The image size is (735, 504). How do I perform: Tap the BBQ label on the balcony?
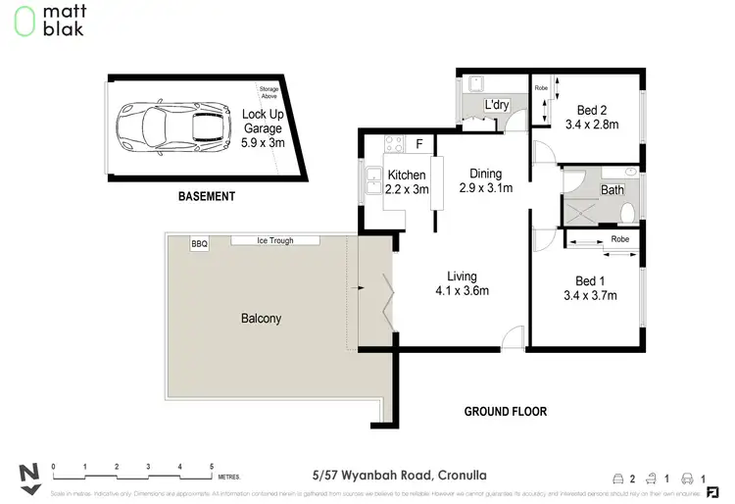(x=200, y=244)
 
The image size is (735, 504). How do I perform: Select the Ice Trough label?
(x=274, y=240)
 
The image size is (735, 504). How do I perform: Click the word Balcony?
(x=262, y=319)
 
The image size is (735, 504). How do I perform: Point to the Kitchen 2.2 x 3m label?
(x=407, y=182)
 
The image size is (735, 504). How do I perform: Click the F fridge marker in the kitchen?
(x=419, y=144)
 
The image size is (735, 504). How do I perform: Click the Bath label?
(x=612, y=190)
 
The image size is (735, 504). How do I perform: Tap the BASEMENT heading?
(x=206, y=196)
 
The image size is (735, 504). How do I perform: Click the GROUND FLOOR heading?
(x=505, y=412)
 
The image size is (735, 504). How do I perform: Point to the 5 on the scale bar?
(x=211, y=466)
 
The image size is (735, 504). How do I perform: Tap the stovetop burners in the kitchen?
(x=394, y=144)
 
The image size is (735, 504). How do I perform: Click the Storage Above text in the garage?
(x=269, y=95)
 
